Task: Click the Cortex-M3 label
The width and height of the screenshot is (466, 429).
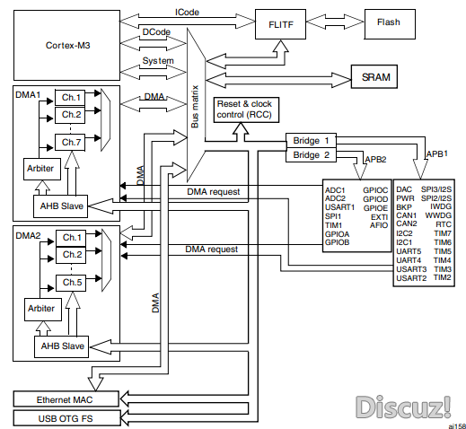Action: point(68,46)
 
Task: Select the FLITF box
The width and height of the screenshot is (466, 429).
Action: point(280,24)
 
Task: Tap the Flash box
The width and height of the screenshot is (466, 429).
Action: point(390,24)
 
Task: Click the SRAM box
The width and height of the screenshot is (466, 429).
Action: point(374,76)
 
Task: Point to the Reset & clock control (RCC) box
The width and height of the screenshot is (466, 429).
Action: point(246,109)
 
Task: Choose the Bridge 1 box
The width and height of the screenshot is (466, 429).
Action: point(311,140)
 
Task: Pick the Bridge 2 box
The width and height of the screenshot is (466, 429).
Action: point(311,155)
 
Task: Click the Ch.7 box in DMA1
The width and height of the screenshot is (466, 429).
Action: point(70,143)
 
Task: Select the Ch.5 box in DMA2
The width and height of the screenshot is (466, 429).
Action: point(71,283)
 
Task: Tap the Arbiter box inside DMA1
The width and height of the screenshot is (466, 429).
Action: point(42,169)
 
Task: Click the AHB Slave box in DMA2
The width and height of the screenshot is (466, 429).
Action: point(61,346)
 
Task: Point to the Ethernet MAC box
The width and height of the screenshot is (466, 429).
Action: point(66,398)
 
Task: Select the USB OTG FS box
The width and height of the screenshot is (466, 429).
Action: point(66,418)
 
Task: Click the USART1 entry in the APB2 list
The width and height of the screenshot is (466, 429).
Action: point(339,207)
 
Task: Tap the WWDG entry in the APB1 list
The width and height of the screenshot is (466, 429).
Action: point(438,215)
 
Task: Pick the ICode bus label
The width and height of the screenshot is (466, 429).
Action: point(187,13)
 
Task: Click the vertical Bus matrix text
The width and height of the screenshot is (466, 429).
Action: point(195,107)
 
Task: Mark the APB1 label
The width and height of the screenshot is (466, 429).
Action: point(437,154)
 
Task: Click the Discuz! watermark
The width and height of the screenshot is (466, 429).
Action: point(403,407)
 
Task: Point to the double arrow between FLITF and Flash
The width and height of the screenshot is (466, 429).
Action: point(335,22)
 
